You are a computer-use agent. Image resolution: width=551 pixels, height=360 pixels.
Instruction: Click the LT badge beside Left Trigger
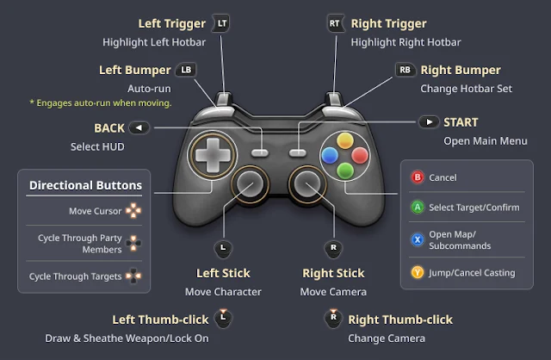[x=222, y=23]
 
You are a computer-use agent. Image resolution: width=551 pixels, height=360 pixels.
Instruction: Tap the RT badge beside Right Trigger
[x=336, y=23]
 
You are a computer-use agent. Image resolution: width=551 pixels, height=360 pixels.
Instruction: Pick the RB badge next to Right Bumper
[x=404, y=70]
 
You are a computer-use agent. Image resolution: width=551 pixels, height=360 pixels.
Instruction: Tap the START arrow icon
[x=428, y=122]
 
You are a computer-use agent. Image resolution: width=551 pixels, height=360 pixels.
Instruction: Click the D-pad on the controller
[x=209, y=154]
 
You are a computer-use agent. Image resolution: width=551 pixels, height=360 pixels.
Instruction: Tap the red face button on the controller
[x=359, y=154]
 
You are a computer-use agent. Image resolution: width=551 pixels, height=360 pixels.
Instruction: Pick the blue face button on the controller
[x=329, y=154]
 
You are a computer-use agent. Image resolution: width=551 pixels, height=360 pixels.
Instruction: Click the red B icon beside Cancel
[x=418, y=177]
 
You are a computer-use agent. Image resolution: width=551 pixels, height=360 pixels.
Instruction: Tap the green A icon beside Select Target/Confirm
[x=418, y=207]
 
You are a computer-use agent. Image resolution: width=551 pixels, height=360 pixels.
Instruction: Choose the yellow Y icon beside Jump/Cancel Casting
[x=418, y=272]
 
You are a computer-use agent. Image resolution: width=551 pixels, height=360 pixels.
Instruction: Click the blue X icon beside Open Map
[x=418, y=239]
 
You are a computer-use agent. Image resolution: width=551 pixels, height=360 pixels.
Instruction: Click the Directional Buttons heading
[x=86, y=184]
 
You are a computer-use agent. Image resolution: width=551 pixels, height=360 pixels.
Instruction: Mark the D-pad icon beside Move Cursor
[x=133, y=210]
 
